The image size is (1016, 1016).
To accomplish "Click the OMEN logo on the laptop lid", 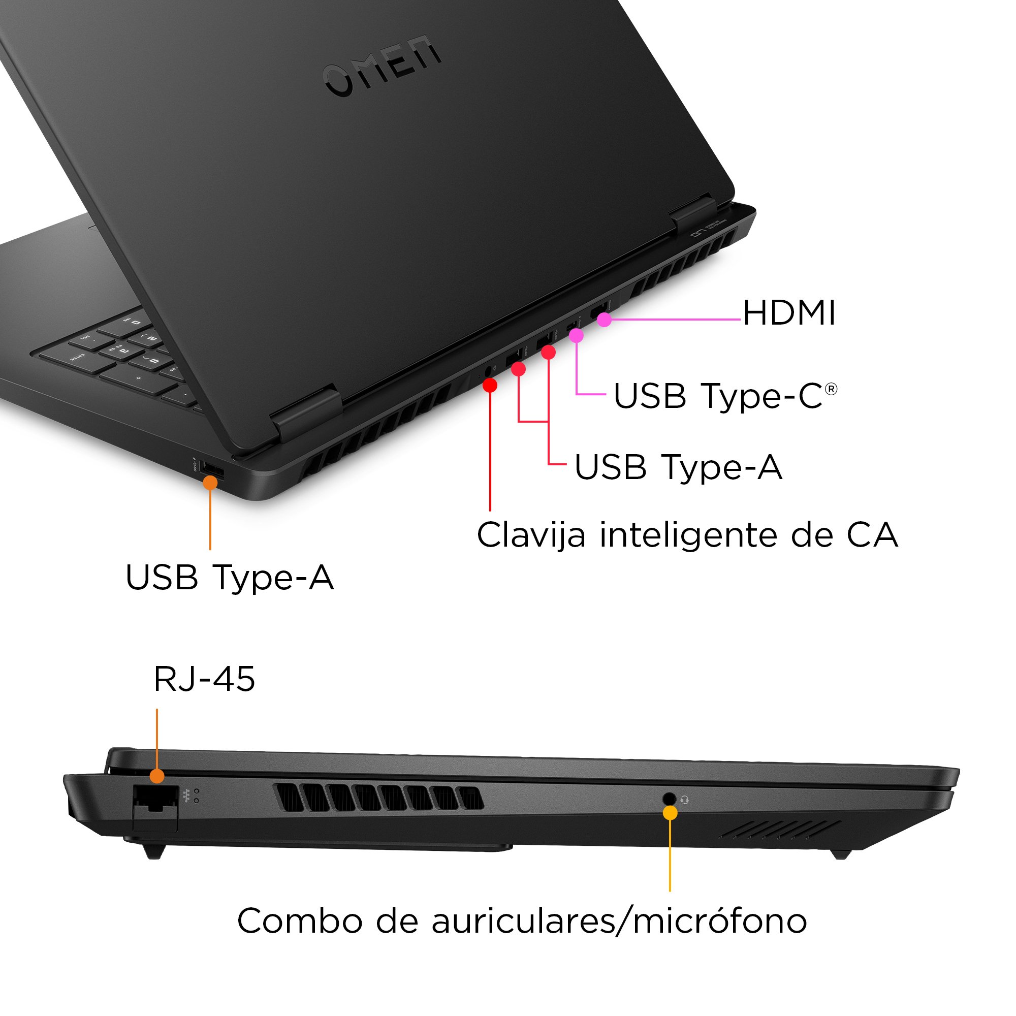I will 383,66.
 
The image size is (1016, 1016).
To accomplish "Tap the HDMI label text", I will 789,313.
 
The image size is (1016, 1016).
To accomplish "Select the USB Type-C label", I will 718,396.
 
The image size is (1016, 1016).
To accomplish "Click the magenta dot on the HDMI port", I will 604,319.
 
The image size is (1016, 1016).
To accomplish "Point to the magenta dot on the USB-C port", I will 577,335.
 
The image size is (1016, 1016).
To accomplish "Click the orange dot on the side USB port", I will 210,482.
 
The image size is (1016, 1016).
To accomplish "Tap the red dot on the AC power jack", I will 490,386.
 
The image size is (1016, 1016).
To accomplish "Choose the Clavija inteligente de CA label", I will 687,535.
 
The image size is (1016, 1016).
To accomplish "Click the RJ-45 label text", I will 204,679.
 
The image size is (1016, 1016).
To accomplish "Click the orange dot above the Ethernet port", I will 156,776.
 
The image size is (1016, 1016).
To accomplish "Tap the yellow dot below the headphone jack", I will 670,813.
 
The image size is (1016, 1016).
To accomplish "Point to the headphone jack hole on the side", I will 669,799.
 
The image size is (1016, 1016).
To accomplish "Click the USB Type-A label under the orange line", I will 229,578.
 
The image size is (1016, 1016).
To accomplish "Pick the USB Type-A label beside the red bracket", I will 678,467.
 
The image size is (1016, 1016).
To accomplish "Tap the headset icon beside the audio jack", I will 685,800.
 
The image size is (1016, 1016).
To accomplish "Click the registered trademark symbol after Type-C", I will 831,389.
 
